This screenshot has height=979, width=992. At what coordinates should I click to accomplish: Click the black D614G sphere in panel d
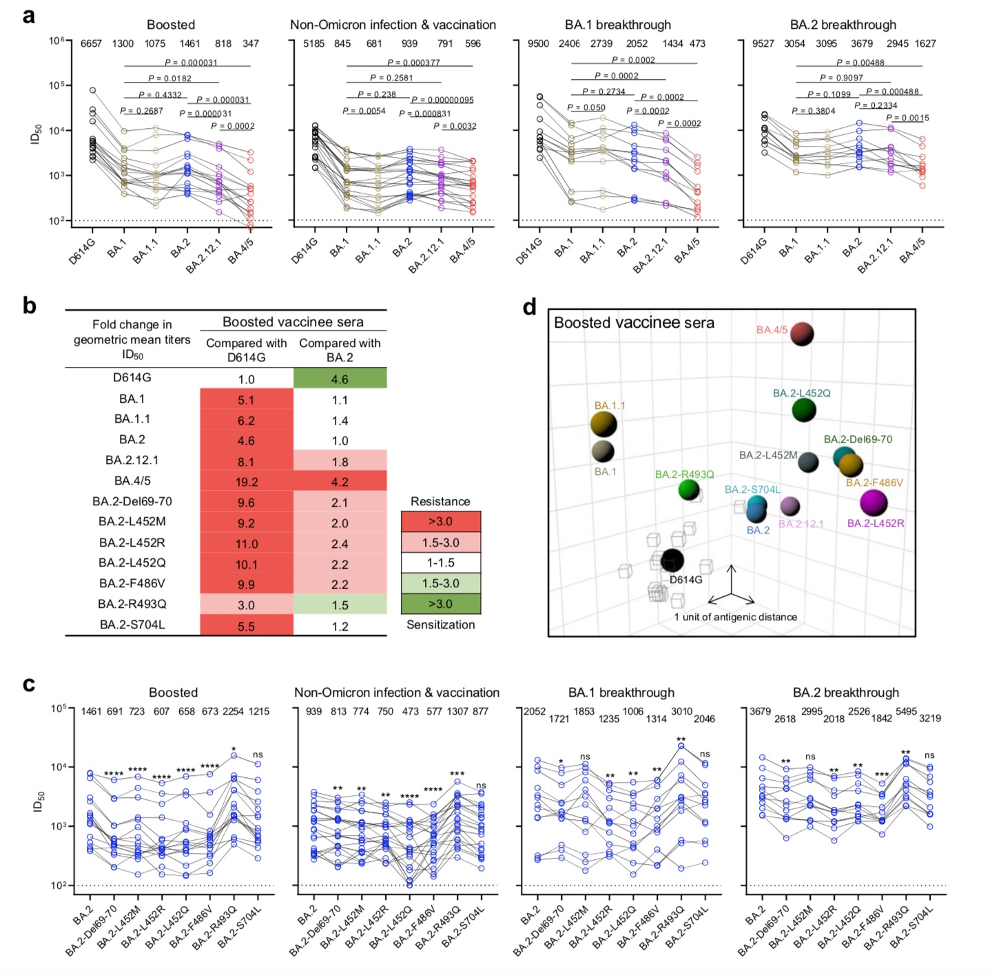[672, 560]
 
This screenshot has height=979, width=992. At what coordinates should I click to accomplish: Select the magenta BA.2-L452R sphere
[874, 503]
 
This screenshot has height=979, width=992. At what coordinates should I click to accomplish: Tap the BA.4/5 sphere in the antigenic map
[802, 334]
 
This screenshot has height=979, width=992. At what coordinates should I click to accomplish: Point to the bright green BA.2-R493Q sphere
[689, 489]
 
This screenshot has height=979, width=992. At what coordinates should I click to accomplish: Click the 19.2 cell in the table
[247, 482]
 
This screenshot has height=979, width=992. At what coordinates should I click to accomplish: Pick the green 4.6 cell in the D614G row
[340, 379]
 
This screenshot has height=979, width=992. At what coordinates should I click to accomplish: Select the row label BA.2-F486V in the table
[132, 583]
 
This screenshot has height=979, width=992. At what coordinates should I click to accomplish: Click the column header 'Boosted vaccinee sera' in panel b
[293, 322]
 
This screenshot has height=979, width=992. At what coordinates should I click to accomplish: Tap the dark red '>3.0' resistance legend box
[440, 521]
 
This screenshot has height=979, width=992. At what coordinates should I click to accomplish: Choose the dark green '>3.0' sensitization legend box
[440, 604]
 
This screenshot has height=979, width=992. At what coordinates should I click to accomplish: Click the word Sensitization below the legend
[440, 624]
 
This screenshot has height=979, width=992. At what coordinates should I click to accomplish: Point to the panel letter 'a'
[28, 14]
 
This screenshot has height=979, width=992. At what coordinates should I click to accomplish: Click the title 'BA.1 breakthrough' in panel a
[617, 25]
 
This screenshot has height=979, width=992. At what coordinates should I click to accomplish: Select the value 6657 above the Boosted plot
[91, 43]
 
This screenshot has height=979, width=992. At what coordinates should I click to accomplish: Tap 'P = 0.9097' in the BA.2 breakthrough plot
[841, 78]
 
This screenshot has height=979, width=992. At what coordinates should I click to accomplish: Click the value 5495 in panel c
[906, 711]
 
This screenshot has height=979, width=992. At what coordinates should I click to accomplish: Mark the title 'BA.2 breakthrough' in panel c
[845, 693]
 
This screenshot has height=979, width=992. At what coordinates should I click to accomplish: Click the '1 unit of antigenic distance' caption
[735, 617]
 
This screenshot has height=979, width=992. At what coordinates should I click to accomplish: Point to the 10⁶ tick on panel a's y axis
[56, 41]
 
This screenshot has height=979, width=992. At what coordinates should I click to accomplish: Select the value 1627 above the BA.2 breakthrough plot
[925, 43]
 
